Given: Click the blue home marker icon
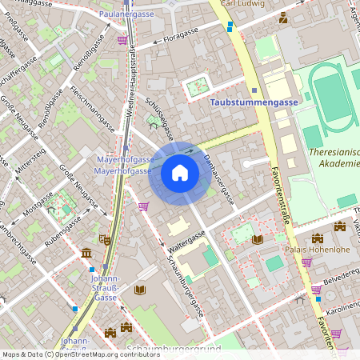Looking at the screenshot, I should coord(180,173).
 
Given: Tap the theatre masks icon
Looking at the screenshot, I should coord(104,238).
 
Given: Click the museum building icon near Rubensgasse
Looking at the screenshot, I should coord(86,254).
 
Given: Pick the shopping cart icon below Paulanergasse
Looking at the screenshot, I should coord(122,39).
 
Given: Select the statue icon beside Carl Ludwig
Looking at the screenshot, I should coord(282,17).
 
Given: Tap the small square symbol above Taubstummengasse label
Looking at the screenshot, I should coord(254,90).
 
